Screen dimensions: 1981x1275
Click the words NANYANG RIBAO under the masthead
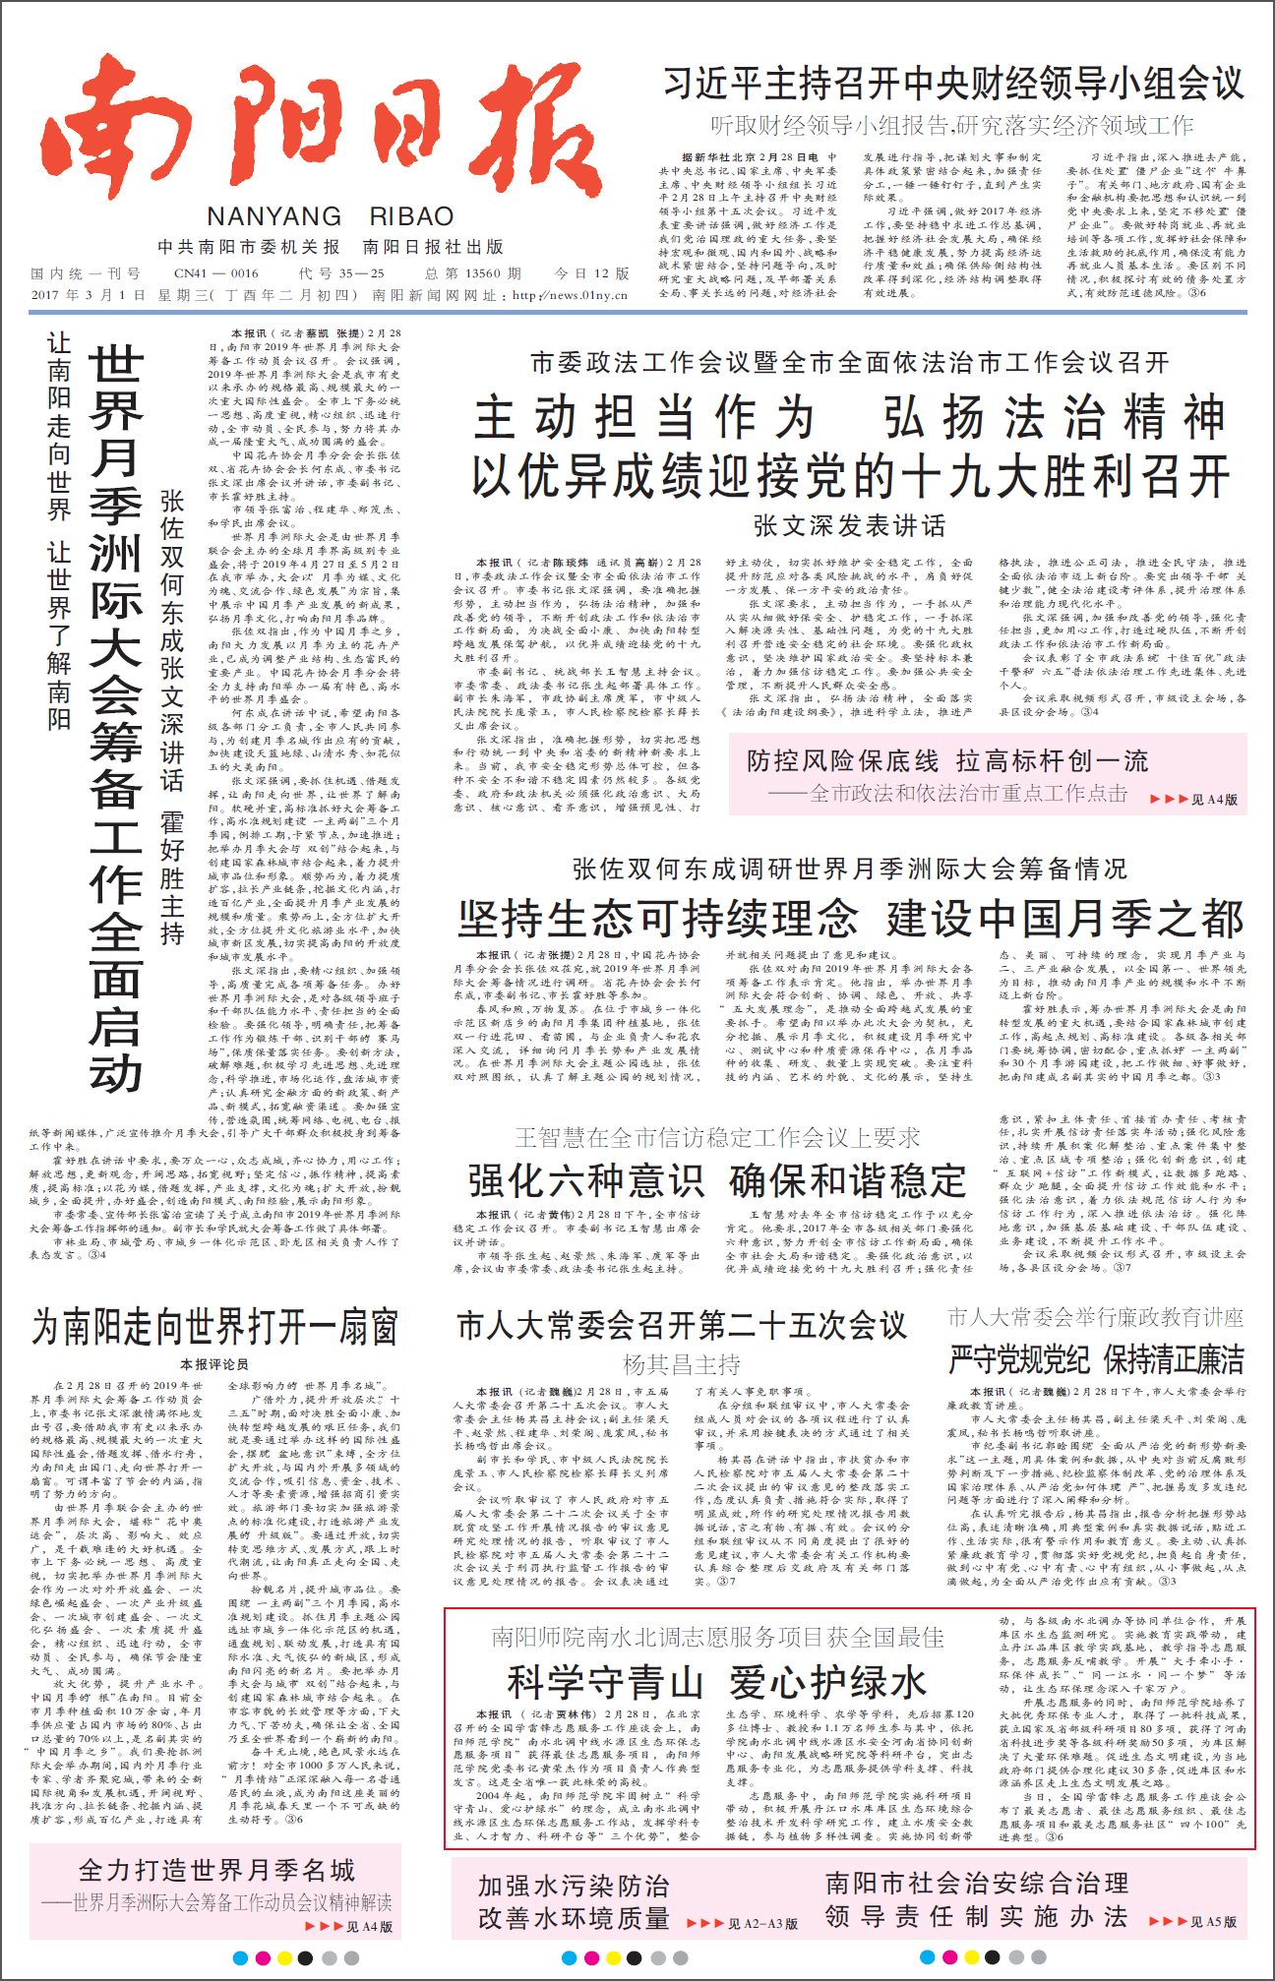point(330,216)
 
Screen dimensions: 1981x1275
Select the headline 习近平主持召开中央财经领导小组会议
point(952,85)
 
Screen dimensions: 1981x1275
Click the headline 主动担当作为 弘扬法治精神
point(849,417)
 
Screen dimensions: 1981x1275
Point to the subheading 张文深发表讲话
point(849,525)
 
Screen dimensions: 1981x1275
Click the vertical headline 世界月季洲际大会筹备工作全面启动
point(115,718)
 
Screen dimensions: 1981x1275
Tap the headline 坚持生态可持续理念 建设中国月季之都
point(850,919)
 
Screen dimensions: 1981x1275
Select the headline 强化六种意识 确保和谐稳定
point(717,1180)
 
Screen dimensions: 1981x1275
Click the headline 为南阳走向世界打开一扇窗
point(214,1327)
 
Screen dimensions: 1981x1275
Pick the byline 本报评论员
point(214,1364)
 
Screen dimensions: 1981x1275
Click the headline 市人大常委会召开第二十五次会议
point(681,1325)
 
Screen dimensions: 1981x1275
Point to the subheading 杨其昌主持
point(681,1364)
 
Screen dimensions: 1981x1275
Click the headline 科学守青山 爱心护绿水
point(717,1683)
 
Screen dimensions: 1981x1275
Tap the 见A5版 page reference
point(1213,1921)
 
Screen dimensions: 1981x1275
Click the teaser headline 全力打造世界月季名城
point(216,1870)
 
